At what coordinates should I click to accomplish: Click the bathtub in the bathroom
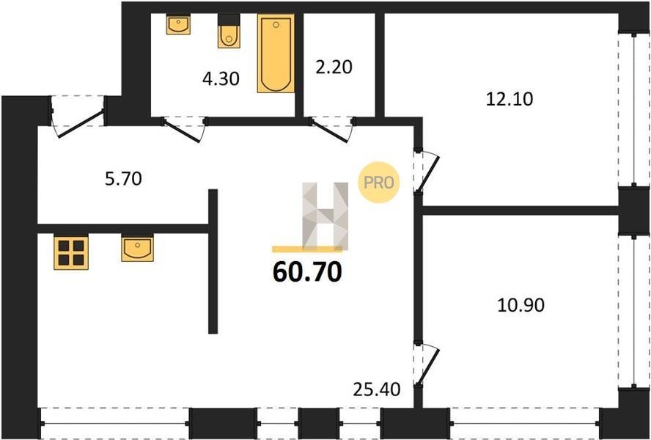276,54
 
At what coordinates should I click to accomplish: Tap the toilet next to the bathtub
229,31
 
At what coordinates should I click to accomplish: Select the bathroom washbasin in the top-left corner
179,24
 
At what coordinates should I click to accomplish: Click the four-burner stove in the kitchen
71,252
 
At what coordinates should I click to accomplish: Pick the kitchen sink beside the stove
137,248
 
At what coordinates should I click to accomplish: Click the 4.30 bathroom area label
221,79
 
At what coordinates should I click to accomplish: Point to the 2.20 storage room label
334,67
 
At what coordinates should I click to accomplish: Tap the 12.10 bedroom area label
510,99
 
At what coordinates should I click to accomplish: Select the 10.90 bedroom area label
521,305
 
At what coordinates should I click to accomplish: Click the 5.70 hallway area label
123,179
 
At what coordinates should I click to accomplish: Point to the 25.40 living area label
377,389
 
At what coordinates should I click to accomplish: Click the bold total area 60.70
308,273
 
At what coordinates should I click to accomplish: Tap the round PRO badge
378,183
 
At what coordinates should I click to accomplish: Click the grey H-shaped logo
325,216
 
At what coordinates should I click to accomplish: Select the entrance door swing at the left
78,118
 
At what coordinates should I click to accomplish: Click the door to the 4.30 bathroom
183,130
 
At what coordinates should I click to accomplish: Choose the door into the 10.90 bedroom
427,364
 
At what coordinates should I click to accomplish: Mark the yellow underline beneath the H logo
307,249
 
